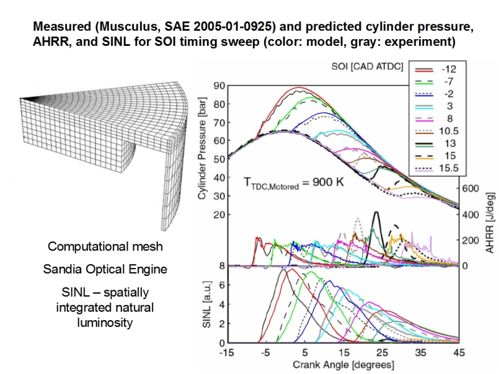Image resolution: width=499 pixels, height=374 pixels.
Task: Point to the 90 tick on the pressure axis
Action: [219, 86]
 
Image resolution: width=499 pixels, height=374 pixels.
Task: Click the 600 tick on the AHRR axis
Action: [473, 188]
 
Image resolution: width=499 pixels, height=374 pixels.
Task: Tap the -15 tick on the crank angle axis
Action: [227, 352]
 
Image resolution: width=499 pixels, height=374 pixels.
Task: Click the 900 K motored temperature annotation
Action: [289, 184]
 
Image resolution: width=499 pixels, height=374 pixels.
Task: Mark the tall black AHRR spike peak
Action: [375, 212]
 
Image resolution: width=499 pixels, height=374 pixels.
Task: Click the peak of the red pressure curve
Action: [299, 87]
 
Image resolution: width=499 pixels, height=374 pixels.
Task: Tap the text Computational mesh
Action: [105, 246]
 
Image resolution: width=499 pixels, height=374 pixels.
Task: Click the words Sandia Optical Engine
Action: [105, 269]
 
